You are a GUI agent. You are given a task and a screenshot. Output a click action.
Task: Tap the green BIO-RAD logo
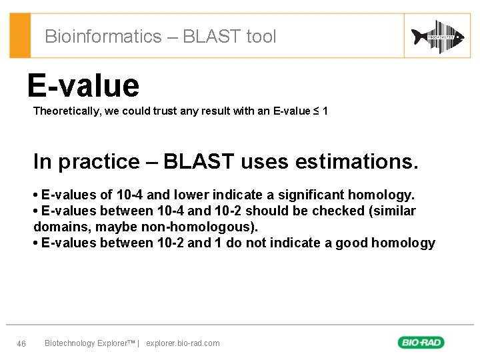point(421,343)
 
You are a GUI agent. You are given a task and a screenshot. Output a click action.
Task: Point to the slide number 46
point(21,343)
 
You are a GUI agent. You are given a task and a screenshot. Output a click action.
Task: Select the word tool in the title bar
point(261,37)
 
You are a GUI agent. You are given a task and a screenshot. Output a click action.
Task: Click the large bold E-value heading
point(83,85)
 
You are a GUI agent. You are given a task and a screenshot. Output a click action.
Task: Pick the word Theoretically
point(67,111)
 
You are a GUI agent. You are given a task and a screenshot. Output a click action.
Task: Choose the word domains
point(57,227)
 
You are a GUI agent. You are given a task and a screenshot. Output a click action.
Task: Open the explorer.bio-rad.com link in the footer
point(183,343)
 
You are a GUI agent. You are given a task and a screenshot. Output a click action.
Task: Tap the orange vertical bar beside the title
point(20,36)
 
